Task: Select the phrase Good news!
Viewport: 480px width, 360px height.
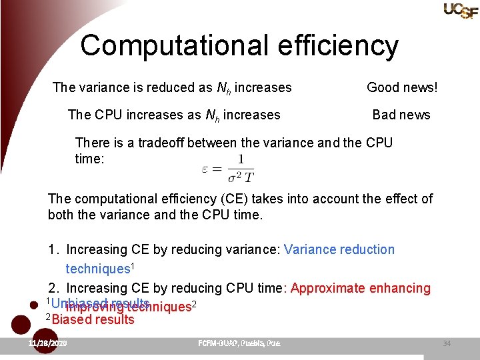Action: click(402, 87)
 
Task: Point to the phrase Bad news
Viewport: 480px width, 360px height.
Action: click(401, 115)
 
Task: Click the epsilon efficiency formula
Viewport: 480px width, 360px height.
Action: click(227, 169)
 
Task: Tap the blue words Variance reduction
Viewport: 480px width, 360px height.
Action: click(339, 249)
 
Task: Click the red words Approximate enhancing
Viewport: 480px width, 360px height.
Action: click(361, 288)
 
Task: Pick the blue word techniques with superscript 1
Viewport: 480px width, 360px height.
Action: click(100, 269)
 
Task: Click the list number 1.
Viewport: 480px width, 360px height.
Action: click(53, 249)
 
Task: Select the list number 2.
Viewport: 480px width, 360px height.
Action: click(53, 288)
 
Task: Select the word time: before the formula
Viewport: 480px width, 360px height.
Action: click(90, 159)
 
